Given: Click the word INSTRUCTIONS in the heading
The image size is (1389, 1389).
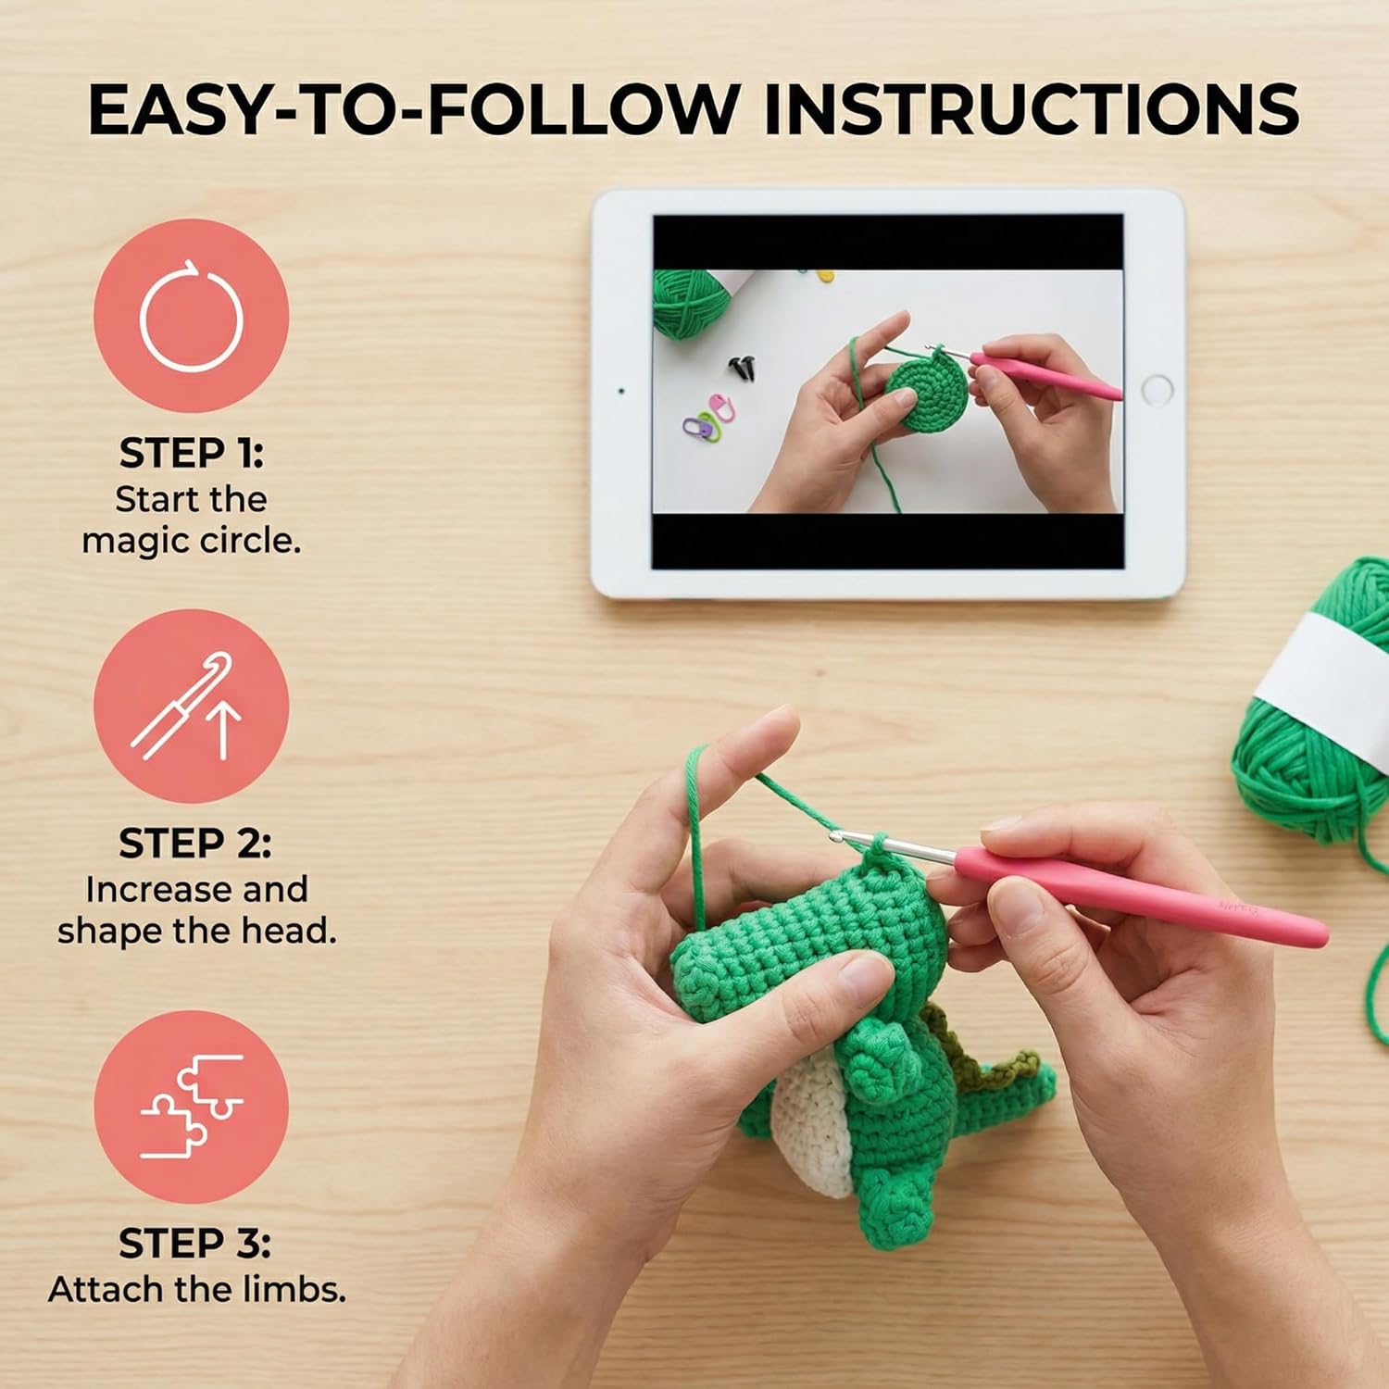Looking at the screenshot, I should [1031, 109].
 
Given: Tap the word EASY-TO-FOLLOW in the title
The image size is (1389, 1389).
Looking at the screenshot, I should [412, 109].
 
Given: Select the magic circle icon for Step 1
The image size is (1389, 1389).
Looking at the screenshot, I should [192, 316].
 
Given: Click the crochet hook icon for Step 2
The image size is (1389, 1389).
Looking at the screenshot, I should [192, 706].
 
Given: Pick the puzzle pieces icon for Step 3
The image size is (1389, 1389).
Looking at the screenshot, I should [192, 1107].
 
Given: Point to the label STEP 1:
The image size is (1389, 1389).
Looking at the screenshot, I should [192, 454].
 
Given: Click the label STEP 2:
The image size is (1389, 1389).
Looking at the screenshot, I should [194, 844].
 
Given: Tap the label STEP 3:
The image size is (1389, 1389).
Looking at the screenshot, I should [194, 1244].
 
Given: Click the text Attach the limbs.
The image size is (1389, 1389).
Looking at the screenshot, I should [197, 1289].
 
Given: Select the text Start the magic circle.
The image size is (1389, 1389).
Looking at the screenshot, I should [192, 519].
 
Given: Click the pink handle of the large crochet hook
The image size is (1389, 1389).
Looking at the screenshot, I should [1139, 895].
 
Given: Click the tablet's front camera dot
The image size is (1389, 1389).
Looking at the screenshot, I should [621, 391].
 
